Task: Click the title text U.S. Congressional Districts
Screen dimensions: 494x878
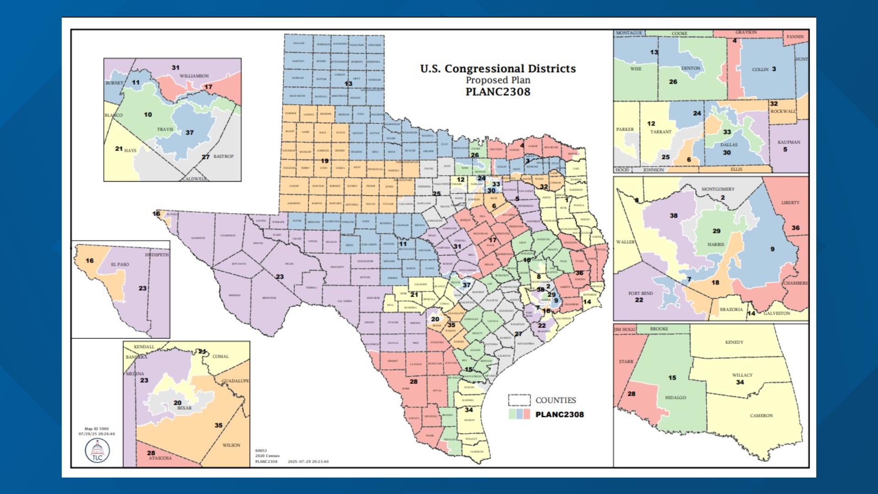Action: click(x=498, y=69)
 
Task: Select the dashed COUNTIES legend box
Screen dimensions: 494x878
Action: click(x=519, y=400)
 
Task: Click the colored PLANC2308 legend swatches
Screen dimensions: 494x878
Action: click(x=519, y=414)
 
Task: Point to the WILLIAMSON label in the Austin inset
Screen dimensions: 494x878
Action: click(x=194, y=76)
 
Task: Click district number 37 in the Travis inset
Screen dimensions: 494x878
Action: click(x=189, y=133)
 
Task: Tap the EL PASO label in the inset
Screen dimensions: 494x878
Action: click(x=120, y=264)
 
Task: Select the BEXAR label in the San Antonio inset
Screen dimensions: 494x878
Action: click(x=184, y=408)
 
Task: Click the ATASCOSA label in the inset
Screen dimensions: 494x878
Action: click(x=160, y=458)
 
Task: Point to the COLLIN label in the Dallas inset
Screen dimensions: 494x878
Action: click(x=760, y=70)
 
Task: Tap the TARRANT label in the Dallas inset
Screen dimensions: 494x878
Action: click(x=661, y=132)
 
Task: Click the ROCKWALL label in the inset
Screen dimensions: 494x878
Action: click(x=782, y=111)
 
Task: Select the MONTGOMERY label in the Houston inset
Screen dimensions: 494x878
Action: click(x=718, y=189)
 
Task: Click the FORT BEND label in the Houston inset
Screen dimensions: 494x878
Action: click(x=640, y=293)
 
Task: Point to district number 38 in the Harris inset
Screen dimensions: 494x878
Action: click(x=674, y=215)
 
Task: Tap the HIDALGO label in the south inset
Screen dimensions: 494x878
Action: click(x=675, y=397)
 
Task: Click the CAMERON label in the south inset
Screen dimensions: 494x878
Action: click(x=761, y=416)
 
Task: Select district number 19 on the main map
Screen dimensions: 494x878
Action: click(x=324, y=161)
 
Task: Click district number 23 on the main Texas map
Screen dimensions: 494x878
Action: click(x=279, y=277)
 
